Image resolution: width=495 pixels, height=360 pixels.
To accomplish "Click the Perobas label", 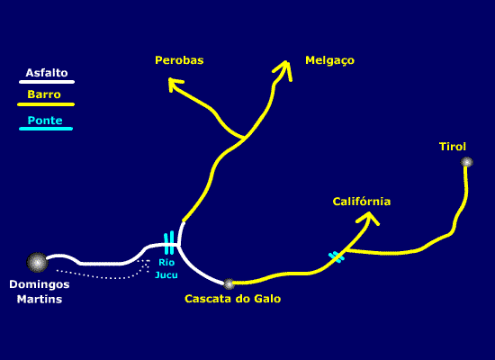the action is click(179, 60).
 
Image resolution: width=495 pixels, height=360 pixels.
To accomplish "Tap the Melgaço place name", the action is click(330, 60).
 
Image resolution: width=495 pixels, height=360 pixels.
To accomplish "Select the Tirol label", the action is click(453, 147).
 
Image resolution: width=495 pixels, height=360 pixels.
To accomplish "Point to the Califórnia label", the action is click(362, 202).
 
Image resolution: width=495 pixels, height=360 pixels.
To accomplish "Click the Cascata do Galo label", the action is click(233, 299).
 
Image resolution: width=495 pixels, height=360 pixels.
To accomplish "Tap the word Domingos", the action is click(40, 284).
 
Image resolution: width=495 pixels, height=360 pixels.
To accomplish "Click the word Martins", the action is click(40, 299).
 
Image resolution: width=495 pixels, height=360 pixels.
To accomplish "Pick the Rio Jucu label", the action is click(166, 269).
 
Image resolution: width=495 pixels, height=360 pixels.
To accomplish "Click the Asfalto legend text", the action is click(47, 73).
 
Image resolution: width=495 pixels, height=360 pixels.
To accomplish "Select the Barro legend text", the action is click(44, 94).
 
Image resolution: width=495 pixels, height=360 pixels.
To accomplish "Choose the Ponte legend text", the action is click(45, 121).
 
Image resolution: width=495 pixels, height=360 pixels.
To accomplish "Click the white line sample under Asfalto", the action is click(47, 82).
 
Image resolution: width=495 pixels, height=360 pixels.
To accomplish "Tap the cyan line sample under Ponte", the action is click(46, 129).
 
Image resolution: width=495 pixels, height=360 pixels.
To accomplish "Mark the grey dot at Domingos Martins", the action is click(37, 263).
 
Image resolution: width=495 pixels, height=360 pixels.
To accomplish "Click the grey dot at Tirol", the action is click(466, 162).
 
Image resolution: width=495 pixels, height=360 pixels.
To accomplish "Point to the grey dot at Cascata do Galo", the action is click(229, 283).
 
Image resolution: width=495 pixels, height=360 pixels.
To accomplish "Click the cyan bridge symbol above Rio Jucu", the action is click(169, 243).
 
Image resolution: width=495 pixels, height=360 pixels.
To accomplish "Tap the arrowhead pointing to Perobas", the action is click(175, 85).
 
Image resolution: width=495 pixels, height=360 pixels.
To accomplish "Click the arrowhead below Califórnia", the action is click(368, 218).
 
